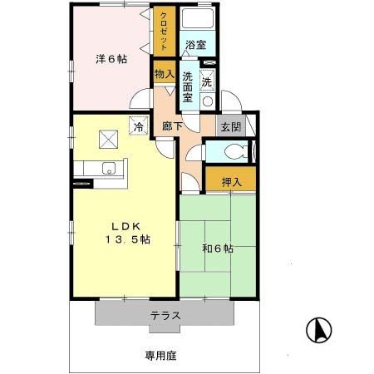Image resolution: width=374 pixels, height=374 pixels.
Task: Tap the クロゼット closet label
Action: (x=163, y=32)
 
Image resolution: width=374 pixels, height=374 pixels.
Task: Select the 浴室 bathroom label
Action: (x=195, y=45)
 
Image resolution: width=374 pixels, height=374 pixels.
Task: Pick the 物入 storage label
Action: (x=164, y=74)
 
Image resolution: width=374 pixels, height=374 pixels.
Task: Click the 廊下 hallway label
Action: (x=173, y=128)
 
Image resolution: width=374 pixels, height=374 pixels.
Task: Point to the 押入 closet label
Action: (x=233, y=182)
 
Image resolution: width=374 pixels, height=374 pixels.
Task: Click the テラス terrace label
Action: (x=165, y=315)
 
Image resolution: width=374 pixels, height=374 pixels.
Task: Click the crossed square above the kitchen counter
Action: (x=108, y=139)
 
